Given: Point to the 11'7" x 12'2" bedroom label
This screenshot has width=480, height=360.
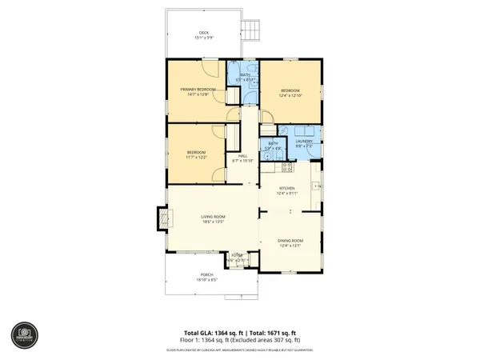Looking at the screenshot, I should coord(196,154).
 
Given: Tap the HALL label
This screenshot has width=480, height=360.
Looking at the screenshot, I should coord(242,158).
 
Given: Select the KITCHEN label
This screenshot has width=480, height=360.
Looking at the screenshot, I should coord(286,190).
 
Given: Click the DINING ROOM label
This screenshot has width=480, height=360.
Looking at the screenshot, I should coord(289,242).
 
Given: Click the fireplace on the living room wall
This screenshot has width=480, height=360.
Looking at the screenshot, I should coord(162,218).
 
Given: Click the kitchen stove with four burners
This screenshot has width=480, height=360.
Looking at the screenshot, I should coord(286,167).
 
